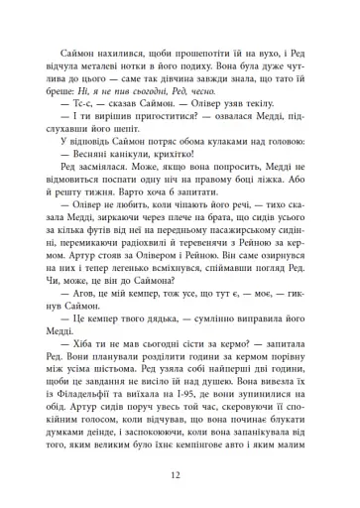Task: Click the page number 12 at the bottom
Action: click(180, 476)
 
